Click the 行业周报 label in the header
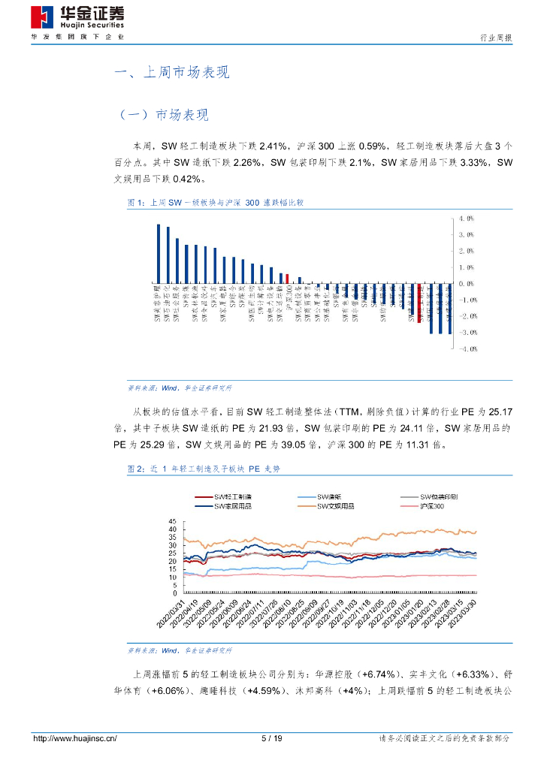pos(496,38)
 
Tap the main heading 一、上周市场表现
pos(171,73)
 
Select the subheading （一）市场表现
pos(164,115)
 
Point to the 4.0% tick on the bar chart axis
pos(466,219)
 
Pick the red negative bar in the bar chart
pos(419,303)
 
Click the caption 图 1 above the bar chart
pos(215,203)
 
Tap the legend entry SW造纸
pos(330,497)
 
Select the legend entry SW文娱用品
pos(336,506)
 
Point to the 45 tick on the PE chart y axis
pos(172,521)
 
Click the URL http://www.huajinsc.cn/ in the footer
pos(75,738)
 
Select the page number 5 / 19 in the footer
pos(271,738)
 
